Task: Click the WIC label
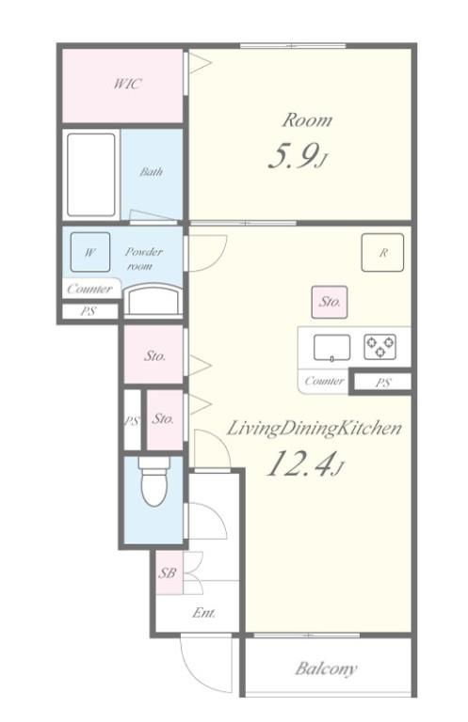[x=127, y=84]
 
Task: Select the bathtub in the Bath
[x=90, y=175]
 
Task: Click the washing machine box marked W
[x=90, y=252]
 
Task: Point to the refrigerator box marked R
[x=382, y=252]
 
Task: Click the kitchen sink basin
[x=331, y=348]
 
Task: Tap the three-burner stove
[x=379, y=347]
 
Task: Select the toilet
[x=154, y=481]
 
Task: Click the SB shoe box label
[x=168, y=573]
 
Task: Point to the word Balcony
[x=326, y=668]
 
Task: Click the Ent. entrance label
[x=203, y=613]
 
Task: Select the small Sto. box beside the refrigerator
[x=330, y=302]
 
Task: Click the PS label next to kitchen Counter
[x=383, y=383]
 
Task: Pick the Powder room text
[x=143, y=259]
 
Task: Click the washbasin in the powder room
[x=153, y=301]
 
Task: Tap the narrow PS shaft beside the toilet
[x=133, y=420]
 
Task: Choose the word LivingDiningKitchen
[x=315, y=429]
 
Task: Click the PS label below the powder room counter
[x=89, y=311]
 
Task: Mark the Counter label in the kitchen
[x=324, y=381]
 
